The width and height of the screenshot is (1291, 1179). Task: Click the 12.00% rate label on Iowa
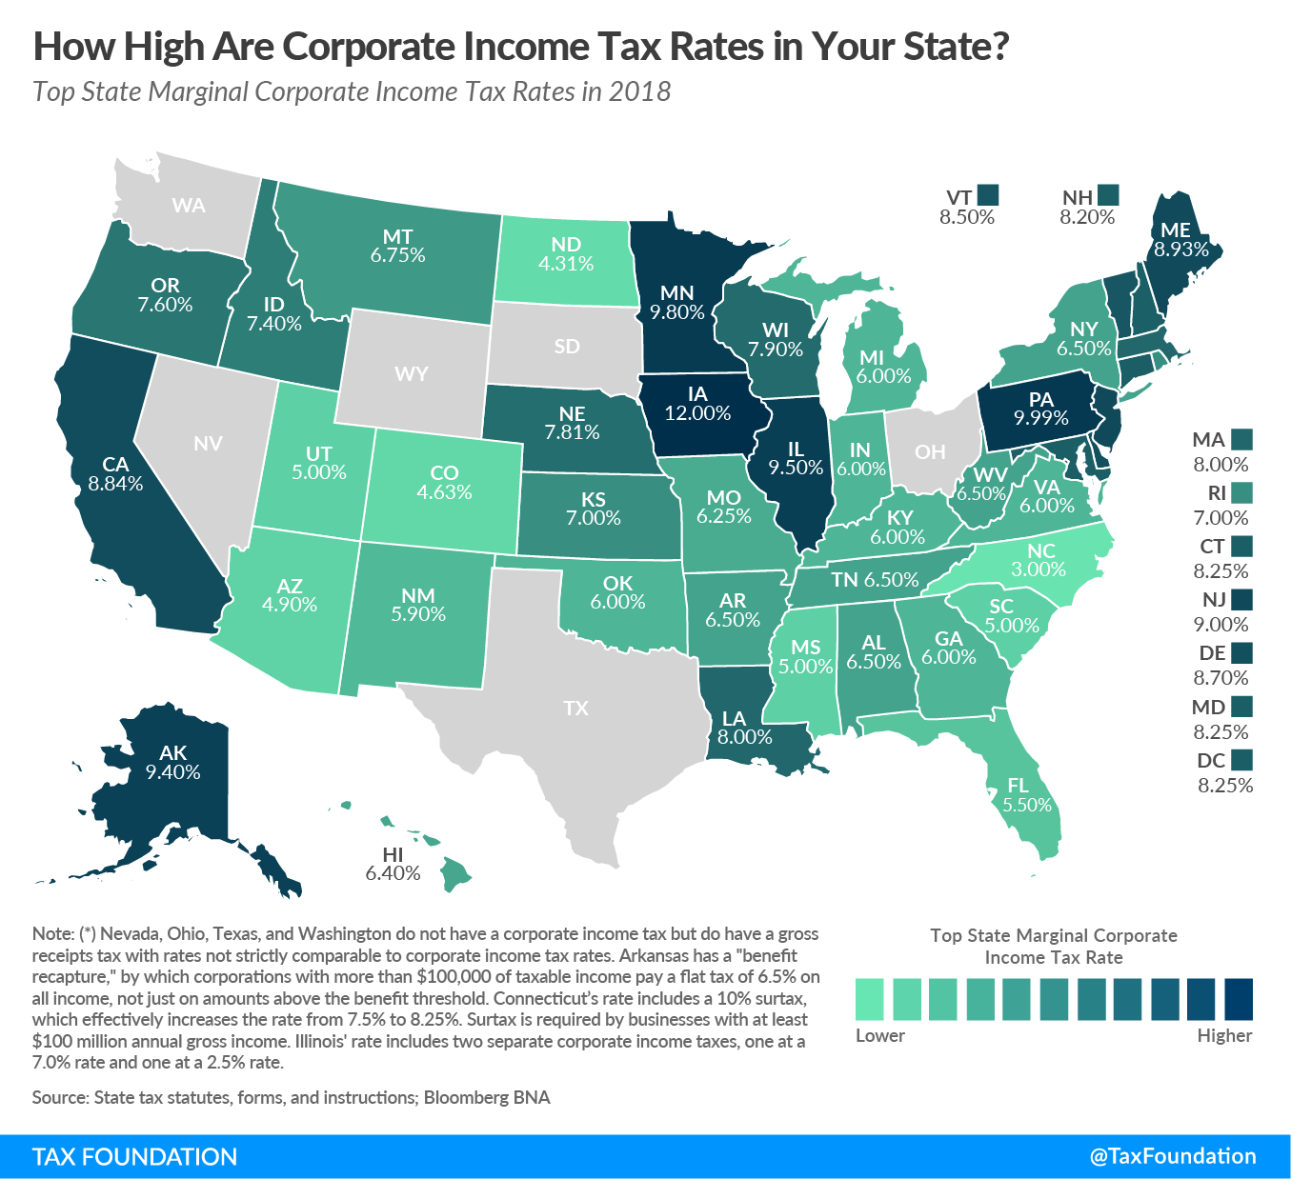(697, 413)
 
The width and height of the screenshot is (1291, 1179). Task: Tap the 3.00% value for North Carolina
(1038, 570)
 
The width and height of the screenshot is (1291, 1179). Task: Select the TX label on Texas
(575, 708)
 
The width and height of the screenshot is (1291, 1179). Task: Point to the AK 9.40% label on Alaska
(172, 763)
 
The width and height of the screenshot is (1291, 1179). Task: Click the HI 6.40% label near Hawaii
(393, 864)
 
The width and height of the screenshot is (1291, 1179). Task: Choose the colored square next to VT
(988, 195)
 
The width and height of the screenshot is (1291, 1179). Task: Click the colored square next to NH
(1108, 195)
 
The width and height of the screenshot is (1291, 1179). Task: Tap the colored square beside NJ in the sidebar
(1241, 599)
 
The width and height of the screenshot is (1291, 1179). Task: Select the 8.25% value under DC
(1224, 786)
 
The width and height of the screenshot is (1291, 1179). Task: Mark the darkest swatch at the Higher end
(1238, 1000)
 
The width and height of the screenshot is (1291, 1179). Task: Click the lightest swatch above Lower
(870, 1000)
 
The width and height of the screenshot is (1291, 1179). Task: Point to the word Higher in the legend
(1223, 1035)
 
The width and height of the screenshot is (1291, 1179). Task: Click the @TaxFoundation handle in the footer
(1172, 1156)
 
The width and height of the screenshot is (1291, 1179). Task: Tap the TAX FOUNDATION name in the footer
(134, 1157)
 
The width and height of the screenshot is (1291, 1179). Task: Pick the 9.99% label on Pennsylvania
(1040, 418)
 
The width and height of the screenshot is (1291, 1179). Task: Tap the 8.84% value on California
(115, 484)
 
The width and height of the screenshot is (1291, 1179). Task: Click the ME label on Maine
(1176, 230)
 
